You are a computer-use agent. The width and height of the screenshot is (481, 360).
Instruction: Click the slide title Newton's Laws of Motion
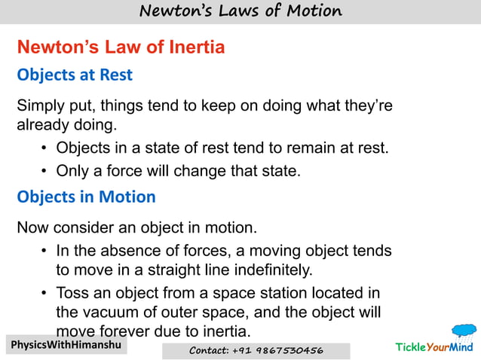pos(240,11)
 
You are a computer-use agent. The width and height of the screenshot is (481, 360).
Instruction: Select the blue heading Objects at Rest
pos(75,75)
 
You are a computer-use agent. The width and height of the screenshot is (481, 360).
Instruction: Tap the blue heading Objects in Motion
pos(86,197)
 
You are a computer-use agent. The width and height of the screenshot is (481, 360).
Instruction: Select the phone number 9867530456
pos(290,351)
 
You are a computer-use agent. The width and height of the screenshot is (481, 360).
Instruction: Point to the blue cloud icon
pos(464,331)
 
